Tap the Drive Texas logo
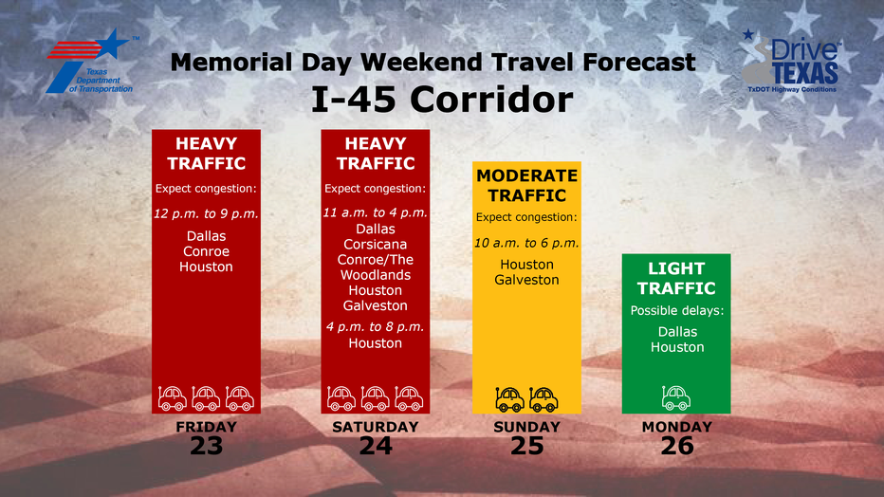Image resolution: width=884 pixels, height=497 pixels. coord(790,62)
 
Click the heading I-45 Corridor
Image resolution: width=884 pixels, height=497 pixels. coord(442,100)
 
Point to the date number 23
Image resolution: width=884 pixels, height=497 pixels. coord(207,446)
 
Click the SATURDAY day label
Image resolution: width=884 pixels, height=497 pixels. coord(376,427)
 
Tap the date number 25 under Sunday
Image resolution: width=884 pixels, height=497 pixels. coord(526,446)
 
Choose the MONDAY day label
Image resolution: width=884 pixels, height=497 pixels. coord(677,427)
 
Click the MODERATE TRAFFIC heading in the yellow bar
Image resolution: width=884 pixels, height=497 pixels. coord(527,185)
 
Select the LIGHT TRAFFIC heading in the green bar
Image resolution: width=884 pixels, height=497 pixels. coord(676,278)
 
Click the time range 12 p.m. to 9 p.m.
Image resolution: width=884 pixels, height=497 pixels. coord(207,213)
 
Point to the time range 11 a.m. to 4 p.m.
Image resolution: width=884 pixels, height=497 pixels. coord(376,212)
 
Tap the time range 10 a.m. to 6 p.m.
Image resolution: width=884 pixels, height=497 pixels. coord(526,243)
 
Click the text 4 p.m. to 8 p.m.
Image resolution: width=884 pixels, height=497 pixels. coord(376,327)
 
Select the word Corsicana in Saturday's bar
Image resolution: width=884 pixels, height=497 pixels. coord(376,244)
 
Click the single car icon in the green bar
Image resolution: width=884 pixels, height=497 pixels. coord(676,398)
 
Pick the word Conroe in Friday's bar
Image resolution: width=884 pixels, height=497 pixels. coord(207,251)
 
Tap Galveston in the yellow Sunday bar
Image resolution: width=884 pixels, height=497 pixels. coord(526,280)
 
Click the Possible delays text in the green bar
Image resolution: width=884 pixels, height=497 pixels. coord(677,310)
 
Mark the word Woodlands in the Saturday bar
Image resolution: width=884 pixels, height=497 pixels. coord(376,275)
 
